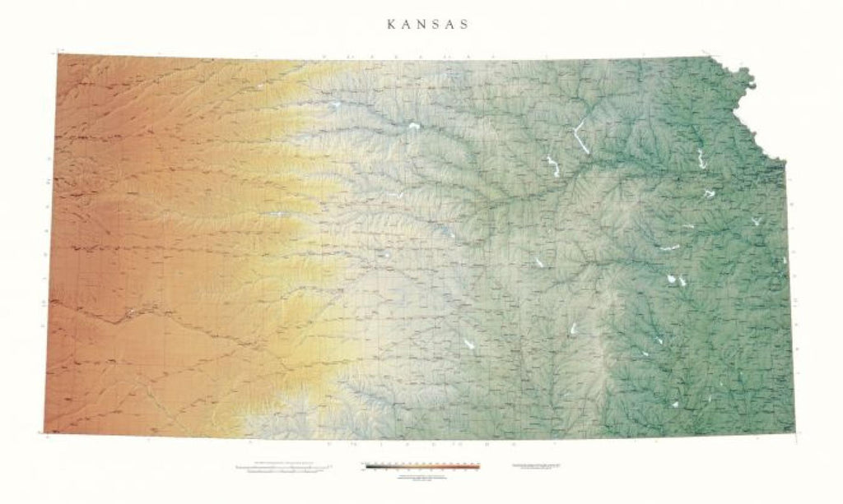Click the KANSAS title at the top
pos(428,25)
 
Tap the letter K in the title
pos(390,25)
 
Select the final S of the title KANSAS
pos(465,25)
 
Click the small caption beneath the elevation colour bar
pos(421,477)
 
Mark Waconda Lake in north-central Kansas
pos(412,127)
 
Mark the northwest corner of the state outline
pos(58,54)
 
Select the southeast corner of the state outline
pos(794,432)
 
